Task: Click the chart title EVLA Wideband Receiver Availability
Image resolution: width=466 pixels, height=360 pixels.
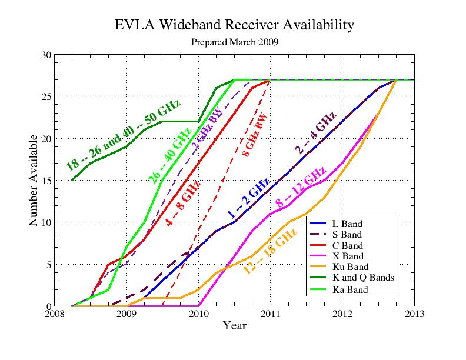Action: pyautogui.click(x=234, y=25)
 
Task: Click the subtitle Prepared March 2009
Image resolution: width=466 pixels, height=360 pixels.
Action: pyautogui.click(x=235, y=42)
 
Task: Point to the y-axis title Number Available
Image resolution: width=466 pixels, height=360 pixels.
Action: pyautogui.click(x=34, y=180)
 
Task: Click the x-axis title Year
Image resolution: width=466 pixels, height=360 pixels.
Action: pyautogui.click(x=235, y=325)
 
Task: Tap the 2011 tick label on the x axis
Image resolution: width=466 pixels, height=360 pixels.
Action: pyautogui.click(x=271, y=314)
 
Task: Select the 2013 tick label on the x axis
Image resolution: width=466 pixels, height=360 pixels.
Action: pyautogui.click(x=415, y=314)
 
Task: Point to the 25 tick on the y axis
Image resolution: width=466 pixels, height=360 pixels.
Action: pyautogui.click(x=46, y=96)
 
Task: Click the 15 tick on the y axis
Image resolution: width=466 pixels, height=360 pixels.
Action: pyautogui.click(x=46, y=181)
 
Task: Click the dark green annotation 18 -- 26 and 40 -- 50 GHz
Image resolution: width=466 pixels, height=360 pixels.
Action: pyautogui.click(x=123, y=135)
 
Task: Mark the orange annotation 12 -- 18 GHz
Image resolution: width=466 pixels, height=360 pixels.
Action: pyautogui.click(x=271, y=251)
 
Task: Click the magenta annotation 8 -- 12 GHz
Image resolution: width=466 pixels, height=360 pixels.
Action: pyautogui.click(x=301, y=187)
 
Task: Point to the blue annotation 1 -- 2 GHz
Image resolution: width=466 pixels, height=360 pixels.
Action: pyautogui.click(x=248, y=198)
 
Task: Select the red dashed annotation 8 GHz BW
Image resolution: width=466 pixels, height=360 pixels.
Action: pyautogui.click(x=255, y=135)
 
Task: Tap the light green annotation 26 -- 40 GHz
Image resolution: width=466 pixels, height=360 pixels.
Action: pyautogui.click(x=169, y=156)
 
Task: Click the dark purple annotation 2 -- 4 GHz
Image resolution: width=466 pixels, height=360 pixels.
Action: pyautogui.click(x=315, y=132)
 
